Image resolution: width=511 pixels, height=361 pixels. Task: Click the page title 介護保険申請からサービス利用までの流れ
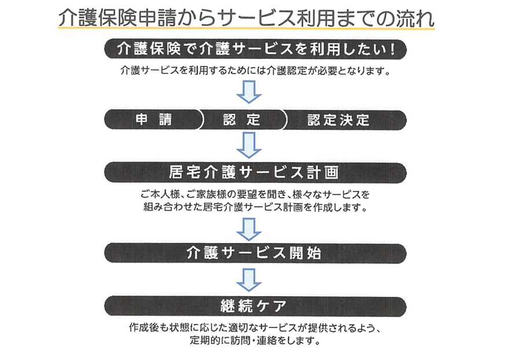(x=247, y=17)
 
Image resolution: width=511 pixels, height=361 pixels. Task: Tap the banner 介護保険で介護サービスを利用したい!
(x=256, y=49)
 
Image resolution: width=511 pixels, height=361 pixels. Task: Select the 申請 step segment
(x=154, y=120)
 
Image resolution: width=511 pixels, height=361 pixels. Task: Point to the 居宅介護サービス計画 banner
(x=256, y=172)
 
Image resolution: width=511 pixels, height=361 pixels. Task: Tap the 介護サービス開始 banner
(x=256, y=253)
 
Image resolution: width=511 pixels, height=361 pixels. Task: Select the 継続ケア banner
(x=256, y=306)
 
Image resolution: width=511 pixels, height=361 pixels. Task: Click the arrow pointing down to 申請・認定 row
(x=249, y=92)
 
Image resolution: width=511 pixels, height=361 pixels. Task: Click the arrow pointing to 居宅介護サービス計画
(x=249, y=145)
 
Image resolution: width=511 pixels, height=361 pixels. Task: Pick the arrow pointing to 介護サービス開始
(x=249, y=229)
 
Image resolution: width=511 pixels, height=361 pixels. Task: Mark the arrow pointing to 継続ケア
(x=249, y=280)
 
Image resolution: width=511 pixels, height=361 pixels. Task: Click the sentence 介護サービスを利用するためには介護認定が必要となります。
(x=256, y=71)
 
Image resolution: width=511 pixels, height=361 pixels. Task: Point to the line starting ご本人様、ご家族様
(x=256, y=194)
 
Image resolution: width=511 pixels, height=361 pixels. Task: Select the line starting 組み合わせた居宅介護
(x=256, y=207)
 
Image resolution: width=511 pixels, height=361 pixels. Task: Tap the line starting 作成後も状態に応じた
(x=256, y=327)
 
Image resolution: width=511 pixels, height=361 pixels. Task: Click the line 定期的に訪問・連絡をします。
(x=256, y=341)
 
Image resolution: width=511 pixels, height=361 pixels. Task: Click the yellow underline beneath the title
(x=247, y=29)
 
